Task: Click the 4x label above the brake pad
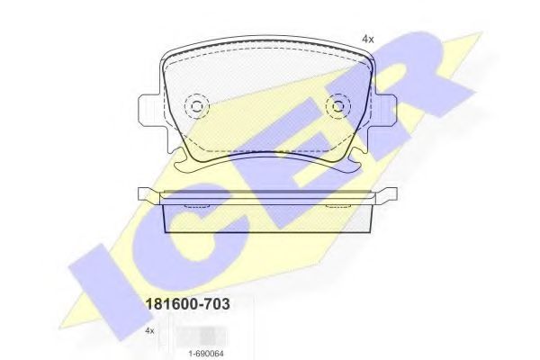click(x=367, y=40)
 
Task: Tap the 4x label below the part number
click(x=149, y=331)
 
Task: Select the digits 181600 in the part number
click(x=170, y=305)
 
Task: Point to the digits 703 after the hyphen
click(x=216, y=305)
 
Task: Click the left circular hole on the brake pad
click(x=195, y=107)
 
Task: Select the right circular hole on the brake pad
click(x=339, y=107)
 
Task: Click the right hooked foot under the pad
click(x=353, y=165)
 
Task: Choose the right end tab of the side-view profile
click(x=389, y=193)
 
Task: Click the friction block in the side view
click(x=267, y=218)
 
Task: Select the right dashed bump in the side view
click(x=339, y=206)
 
